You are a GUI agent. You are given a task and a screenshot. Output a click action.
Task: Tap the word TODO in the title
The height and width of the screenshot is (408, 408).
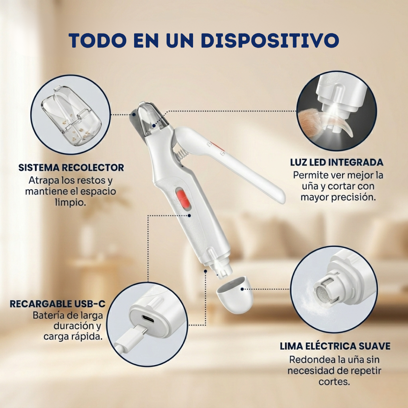point(98,40)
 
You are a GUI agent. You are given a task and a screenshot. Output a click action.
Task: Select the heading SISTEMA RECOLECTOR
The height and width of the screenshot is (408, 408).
point(71,168)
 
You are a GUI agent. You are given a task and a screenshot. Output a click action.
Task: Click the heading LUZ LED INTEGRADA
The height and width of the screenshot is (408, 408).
point(337,162)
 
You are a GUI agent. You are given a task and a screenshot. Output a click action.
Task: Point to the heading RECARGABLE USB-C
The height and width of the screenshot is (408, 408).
point(57,304)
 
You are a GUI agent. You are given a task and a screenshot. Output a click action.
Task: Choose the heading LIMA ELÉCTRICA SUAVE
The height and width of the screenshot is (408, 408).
point(335,346)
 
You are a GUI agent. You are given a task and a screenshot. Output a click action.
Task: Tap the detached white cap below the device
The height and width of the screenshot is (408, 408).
point(235,294)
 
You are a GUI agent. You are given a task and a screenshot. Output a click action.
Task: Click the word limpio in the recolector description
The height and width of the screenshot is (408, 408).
point(71,202)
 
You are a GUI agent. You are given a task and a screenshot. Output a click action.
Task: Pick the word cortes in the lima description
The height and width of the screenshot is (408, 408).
point(334,382)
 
